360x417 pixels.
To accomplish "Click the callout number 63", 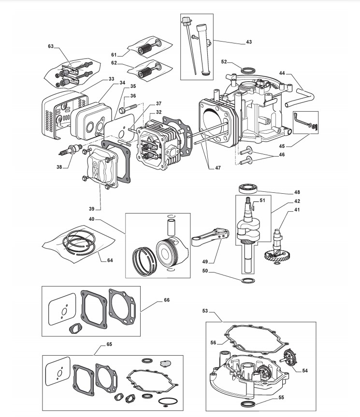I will pyautogui.click(x=51, y=46).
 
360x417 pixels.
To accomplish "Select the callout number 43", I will pyautogui.click(x=249, y=42).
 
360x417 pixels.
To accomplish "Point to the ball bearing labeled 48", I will pyautogui.click(x=249, y=189).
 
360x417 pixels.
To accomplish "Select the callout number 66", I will pyautogui.click(x=167, y=300).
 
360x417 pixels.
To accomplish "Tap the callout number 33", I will pyautogui.click(x=112, y=78).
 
